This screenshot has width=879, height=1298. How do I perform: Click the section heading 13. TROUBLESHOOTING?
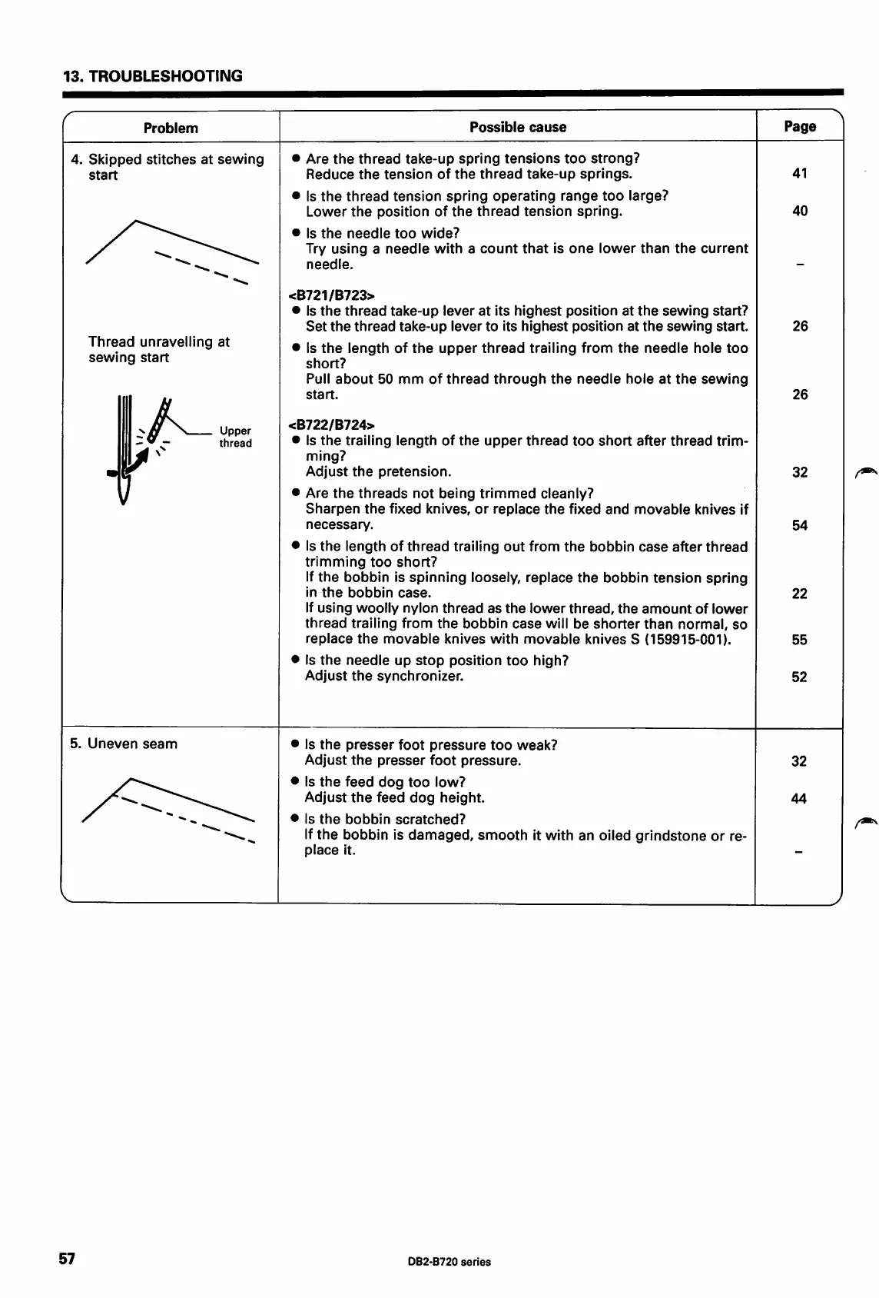pyautogui.click(x=152, y=76)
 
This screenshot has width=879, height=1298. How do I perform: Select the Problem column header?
pyautogui.click(x=171, y=128)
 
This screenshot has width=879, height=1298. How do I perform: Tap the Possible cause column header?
pyautogui.click(x=518, y=127)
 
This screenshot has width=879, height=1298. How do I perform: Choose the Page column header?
pyautogui.click(x=800, y=127)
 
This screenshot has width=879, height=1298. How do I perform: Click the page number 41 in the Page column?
pyautogui.click(x=800, y=174)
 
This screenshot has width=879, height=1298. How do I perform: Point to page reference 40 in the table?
pyautogui.click(x=800, y=211)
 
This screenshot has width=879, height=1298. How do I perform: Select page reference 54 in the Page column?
pyautogui.click(x=800, y=525)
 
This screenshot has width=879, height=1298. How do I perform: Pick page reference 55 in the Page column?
pyautogui.click(x=800, y=639)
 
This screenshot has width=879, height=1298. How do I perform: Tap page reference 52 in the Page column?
pyautogui.click(x=800, y=677)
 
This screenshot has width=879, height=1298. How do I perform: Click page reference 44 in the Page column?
pyautogui.click(x=799, y=798)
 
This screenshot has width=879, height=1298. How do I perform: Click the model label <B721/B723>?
pyautogui.click(x=331, y=295)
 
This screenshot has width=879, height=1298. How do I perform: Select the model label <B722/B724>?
pyautogui.click(x=331, y=424)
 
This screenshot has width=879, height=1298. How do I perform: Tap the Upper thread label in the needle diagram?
pyautogui.click(x=235, y=437)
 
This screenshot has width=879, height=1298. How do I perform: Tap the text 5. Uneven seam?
pyautogui.click(x=124, y=744)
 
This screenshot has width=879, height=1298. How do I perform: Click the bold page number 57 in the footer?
pyautogui.click(x=68, y=1259)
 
